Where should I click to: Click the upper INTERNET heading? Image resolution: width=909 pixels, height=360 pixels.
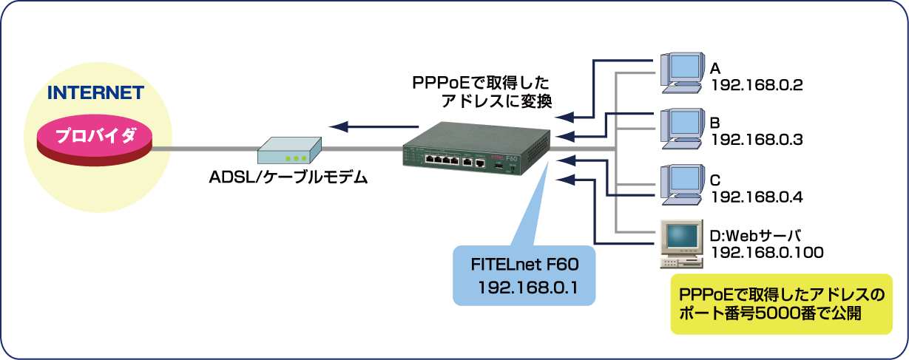click(x=95, y=95)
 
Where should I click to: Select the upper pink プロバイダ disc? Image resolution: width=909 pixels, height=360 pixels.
click(x=95, y=137)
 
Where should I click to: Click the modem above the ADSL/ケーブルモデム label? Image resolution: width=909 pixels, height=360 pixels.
click(x=289, y=151)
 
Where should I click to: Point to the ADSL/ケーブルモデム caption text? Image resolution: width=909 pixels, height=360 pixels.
click(x=288, y=177)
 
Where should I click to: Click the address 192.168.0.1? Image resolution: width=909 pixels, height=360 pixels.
click(x=523, y=286)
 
